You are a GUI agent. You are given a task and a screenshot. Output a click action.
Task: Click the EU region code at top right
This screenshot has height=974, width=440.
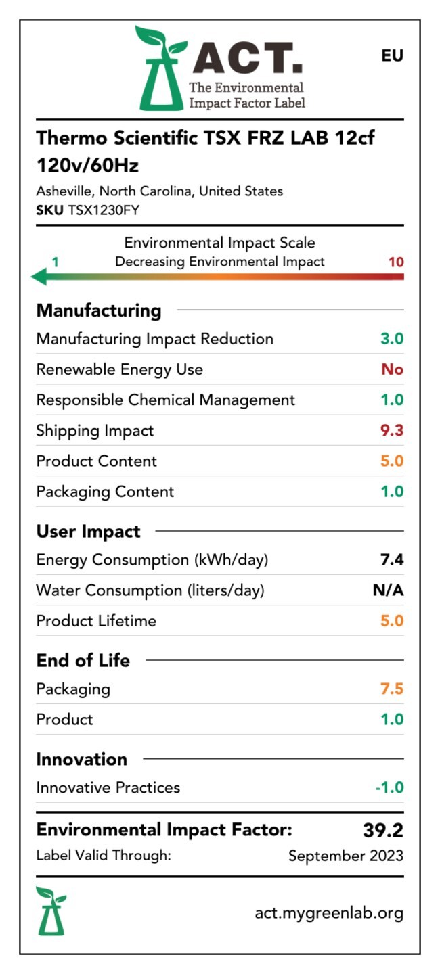(x=392, y=55)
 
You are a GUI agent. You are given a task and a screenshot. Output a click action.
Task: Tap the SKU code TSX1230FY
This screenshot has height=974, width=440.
(x=104, y=210)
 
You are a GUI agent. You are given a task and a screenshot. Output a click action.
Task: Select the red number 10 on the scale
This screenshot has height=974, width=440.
(x=396, y=262)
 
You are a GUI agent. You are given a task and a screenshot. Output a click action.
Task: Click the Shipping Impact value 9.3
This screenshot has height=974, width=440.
(x=392, y=430)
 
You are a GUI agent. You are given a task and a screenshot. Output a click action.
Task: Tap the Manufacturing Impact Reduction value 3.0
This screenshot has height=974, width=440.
(x=392, y=339)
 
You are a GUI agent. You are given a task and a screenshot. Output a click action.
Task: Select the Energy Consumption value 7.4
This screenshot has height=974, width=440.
(x=392, y=560)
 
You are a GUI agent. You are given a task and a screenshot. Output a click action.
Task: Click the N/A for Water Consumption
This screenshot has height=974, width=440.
(x=388, y=590)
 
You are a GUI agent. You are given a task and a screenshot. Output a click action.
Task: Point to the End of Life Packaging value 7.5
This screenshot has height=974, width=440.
(x=392, y=689)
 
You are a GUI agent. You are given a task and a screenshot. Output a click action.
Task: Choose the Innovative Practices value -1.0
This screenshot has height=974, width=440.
(x=389, y=787)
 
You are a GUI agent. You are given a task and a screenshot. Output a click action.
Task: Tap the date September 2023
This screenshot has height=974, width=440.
(x=345, y=856)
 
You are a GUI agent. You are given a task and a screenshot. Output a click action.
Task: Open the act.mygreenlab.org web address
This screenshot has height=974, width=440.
(x=329, y=913)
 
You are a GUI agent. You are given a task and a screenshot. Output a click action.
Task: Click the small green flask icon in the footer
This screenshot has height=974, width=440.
(x=51, y=910)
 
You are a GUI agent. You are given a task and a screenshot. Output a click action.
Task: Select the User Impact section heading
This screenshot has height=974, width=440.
(x=89, y=532)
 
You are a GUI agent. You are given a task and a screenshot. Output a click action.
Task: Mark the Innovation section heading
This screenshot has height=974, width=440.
(x=82, y=759)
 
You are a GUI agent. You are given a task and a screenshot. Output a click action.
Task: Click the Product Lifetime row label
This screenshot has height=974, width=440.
(x=96, y=621)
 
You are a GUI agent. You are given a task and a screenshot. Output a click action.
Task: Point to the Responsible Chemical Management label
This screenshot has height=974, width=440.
(x=166, y=400)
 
